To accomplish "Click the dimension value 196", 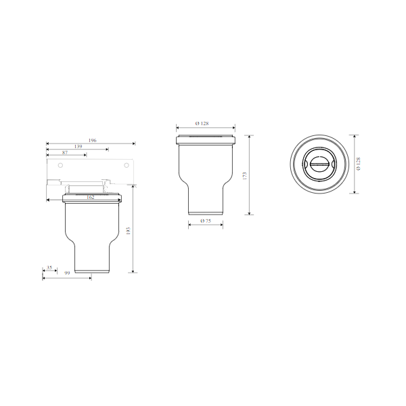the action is click(x=92, y=140).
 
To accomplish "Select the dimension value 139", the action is click(x=78, y=147).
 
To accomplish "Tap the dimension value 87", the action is click(x=65, y=153).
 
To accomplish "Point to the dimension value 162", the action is click(x=91, y=198).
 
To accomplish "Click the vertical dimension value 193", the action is click(x=128, y=231).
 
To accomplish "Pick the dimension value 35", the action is click(x=49, y=267).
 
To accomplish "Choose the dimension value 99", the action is click(x=67, y=273).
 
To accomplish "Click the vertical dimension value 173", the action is click(x=245, y=175).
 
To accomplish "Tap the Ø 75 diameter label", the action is click(x=206, y=221).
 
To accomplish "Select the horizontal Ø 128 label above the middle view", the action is click(x=202, y=124).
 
